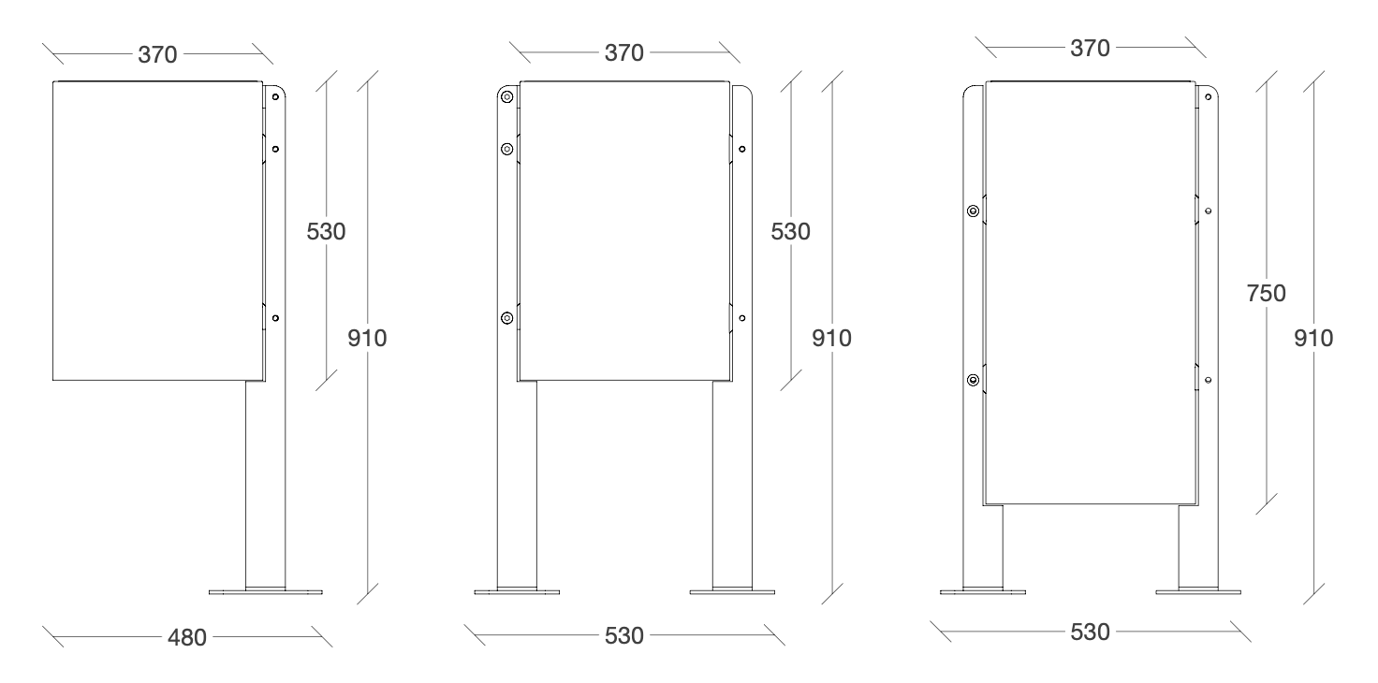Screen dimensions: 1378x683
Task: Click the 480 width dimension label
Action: tap(187, 637)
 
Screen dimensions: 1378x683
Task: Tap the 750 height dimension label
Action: tap(1266, 293)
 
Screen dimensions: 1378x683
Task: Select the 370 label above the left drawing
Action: tap(157, 54)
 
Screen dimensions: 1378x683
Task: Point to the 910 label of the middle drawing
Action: tap(831, 338)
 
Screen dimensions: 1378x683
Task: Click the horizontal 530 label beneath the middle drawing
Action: tap(623, 635)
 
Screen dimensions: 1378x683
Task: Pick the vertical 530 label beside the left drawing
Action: tap(326, 232)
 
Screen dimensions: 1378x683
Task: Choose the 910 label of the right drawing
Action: tap(1313, 338)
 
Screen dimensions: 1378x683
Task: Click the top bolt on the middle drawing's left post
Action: tap(506, 97)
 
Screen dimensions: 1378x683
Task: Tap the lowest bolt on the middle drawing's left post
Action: tap(506, 318)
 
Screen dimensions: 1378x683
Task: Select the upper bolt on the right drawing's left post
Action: tap(973, 211)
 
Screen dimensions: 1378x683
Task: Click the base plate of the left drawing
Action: tap(265, 592)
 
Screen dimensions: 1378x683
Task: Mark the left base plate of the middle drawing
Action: tap(517, 592)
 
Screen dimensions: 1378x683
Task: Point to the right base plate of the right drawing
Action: tap(1198, 592)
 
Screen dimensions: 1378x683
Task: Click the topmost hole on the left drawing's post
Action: tap(275, 97)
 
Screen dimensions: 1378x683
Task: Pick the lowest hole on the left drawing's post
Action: tap(275, 318)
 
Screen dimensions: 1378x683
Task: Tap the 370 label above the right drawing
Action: tap(1090, 48)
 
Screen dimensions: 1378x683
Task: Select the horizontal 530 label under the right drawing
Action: tap(1090, 632)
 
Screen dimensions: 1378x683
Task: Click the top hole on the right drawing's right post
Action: tap(1209, 97)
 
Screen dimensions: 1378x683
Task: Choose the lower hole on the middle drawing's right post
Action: tap(742, 318)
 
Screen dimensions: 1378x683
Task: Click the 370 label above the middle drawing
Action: tap(623, 53)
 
